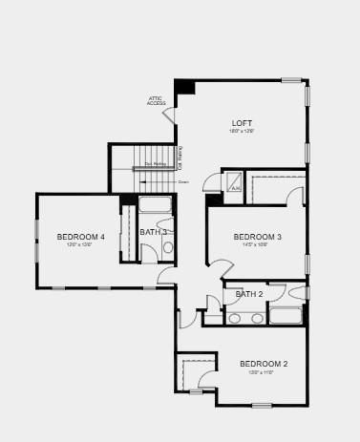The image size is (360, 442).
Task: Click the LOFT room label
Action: click(242, 123)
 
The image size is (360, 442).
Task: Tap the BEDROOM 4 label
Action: click(80, 237)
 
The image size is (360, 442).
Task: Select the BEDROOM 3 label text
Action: click(257, 237)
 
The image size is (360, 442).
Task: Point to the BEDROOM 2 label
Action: click(263, 364)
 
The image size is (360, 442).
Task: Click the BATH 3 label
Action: click(153, 232)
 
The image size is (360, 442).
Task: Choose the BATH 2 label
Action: click(249, 294)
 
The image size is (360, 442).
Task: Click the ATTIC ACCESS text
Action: click(156, 100)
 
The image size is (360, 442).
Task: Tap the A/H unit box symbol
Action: click(233, 180)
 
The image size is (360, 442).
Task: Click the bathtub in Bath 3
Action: click(155, 203)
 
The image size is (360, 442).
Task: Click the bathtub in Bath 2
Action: click(286, 316)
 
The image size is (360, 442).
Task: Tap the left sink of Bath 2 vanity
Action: click(235, 318)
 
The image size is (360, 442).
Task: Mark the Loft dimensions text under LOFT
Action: click(241, 132)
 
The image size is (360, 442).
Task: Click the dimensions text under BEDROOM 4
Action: click(78, 245)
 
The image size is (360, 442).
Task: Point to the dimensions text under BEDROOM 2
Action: click(262, 372)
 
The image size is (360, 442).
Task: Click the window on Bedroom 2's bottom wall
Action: click(262, 406)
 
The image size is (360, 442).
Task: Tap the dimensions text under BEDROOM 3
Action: click(257, 245)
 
